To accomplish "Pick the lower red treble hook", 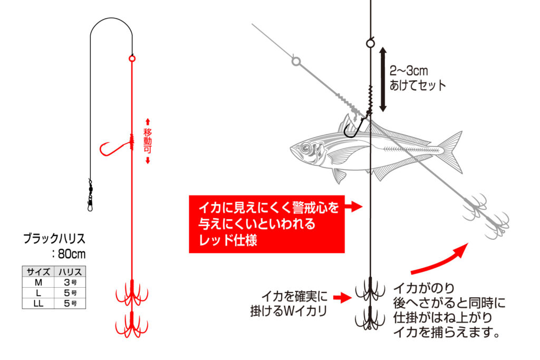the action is (x=132, y=325).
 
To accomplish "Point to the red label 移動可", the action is (x=148, y=141).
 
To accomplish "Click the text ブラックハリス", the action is (x=54, y=239).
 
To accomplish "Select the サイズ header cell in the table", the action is (x=38, y=271).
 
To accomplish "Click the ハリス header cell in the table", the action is (x=70, y=271).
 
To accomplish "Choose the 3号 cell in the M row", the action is (x=70, y=282).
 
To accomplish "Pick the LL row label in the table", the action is (x=38, y=303).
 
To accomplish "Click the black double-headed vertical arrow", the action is (x=383, y=80).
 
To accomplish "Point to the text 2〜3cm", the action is (x=409, y=71).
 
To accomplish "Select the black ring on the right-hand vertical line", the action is (x=370, y=43).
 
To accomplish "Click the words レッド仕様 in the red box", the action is (x=228, y=240).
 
